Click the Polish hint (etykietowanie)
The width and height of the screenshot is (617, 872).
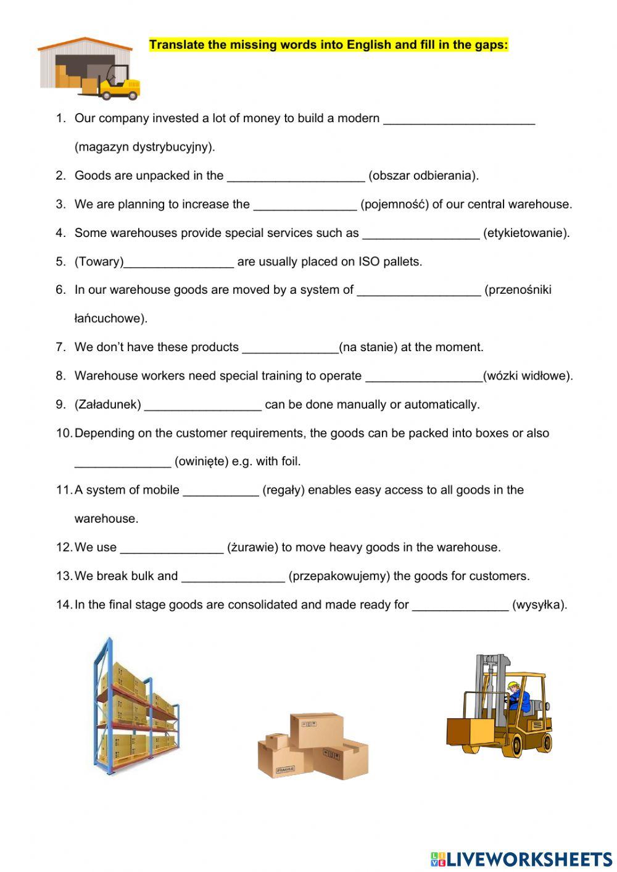pyautogui.click(x=526, y=233)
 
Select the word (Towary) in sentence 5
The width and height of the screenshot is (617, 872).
pyautogui.click(x=99, y=262)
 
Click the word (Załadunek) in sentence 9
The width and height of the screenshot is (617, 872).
pyautogui.click(x=107, y=405)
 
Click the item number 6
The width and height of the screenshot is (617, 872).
pyautogui.click(x=60, y=290)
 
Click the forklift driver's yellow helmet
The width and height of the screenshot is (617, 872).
pyautogui.click(x=512, y=685)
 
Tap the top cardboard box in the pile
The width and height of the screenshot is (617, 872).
pyautogui.click(x=317, y=729)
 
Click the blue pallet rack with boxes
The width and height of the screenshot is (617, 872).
pyautogui.click(x=135, y=707)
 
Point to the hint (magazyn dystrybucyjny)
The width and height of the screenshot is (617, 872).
pyautogui.click(x=144, y=147)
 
